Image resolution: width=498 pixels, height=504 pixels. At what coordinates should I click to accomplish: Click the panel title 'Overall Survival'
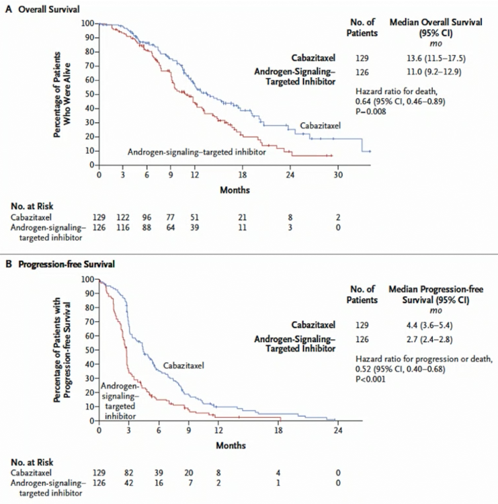[x=49, y=9]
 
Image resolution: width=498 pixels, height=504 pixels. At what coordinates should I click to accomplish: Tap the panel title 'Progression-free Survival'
[x=67, y=264]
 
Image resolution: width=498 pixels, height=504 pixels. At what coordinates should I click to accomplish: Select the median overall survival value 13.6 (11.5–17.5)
[x=436, y=58]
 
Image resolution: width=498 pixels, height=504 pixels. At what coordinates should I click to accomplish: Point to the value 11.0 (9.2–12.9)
[x=434, y=71]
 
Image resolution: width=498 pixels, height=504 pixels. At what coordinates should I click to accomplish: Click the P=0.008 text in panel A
[x=370, y=112]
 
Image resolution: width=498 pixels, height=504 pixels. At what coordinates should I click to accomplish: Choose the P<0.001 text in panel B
[x=370, y=379]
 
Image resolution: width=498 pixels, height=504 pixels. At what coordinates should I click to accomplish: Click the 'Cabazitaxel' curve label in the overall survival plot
[x=320, y=126]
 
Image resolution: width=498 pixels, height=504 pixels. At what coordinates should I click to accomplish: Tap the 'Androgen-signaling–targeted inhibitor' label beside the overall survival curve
[x=197, y=152]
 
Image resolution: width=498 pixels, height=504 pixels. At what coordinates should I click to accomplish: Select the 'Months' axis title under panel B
[x=231, y=446]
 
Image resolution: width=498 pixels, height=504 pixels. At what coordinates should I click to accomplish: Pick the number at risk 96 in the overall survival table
[x=147, y=217]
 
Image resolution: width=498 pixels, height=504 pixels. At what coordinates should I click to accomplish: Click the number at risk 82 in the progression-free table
[x=128, y=473]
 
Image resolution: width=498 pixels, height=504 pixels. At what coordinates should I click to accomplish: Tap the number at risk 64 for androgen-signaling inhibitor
[x=171, y=228]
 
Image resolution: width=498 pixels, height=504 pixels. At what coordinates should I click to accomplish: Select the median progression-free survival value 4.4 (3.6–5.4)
[x=429, y=325]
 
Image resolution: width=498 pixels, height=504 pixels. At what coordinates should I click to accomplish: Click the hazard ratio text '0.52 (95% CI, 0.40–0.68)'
[x=401, y=369]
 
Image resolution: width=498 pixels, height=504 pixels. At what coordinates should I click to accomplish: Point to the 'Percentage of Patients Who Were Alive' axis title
[x=62, y=95]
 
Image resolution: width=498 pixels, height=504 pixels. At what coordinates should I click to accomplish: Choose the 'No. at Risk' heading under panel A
[x=32, y=206]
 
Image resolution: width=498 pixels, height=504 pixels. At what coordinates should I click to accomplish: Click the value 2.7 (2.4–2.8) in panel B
[x=429, y=339]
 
